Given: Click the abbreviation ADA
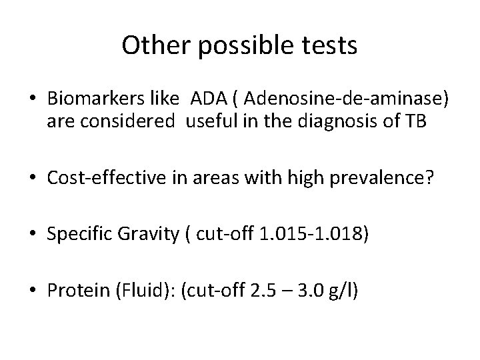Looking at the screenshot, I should tap(208, 99).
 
